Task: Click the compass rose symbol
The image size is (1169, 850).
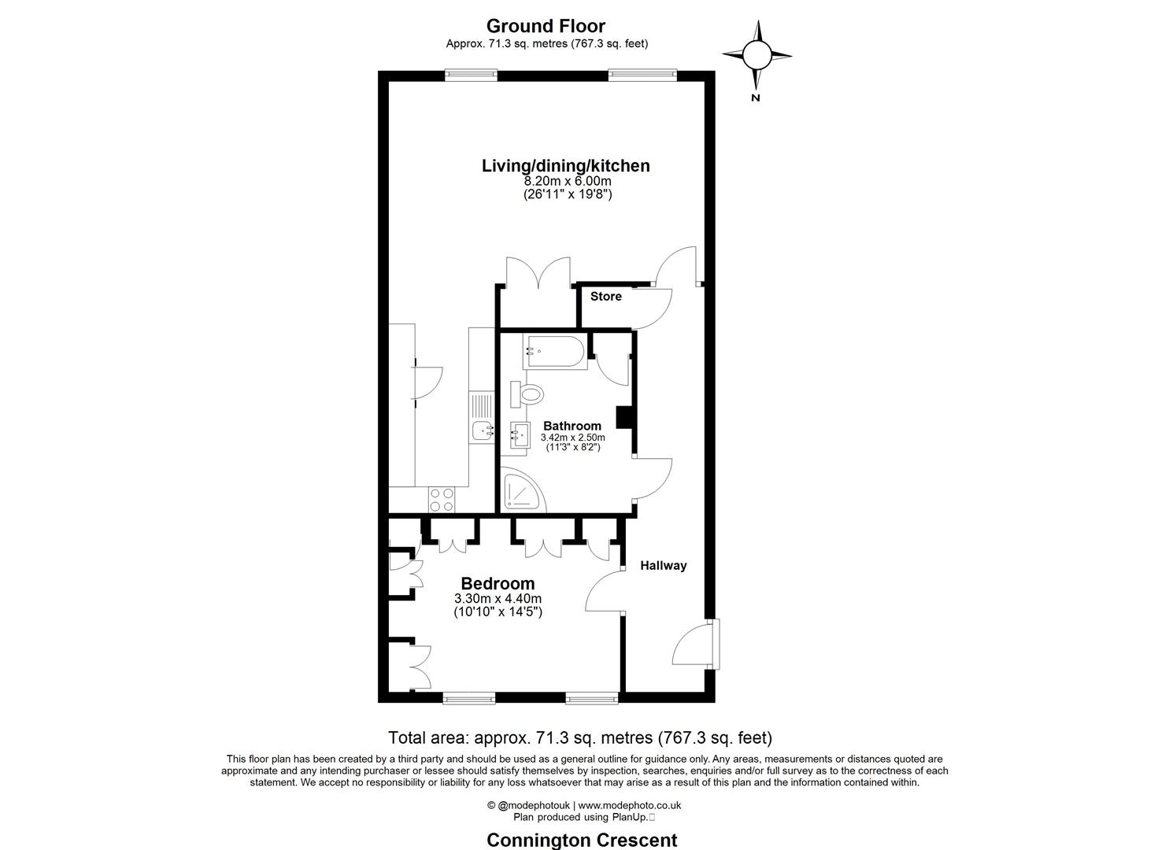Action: click(x=757, y=55)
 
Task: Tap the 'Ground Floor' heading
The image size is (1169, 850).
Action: click(x=546, y=27)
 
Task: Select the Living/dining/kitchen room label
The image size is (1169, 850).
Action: click(x=565, y=165)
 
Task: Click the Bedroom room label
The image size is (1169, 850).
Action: click(x=498, y=583)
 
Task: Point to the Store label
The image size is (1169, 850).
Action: click(x=605, y=297)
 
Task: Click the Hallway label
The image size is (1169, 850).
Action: click(x=663, y=565)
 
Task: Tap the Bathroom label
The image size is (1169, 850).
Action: click(x=572, y=426)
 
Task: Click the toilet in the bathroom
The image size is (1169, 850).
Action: click(x=528, y=394)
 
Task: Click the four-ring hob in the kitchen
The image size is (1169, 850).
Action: click(x=441, y=498)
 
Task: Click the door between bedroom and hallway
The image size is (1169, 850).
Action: click(x=605, y=592)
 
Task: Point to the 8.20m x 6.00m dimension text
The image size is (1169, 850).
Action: click(x=567, y=181)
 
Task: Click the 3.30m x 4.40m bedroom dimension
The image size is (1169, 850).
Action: click(x=498, y=598)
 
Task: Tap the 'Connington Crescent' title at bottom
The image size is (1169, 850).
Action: click(x=582, y=839)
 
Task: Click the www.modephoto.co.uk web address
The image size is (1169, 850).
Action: click(x=630, y=805)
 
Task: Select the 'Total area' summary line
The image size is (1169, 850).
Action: click(x=579, y=737)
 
